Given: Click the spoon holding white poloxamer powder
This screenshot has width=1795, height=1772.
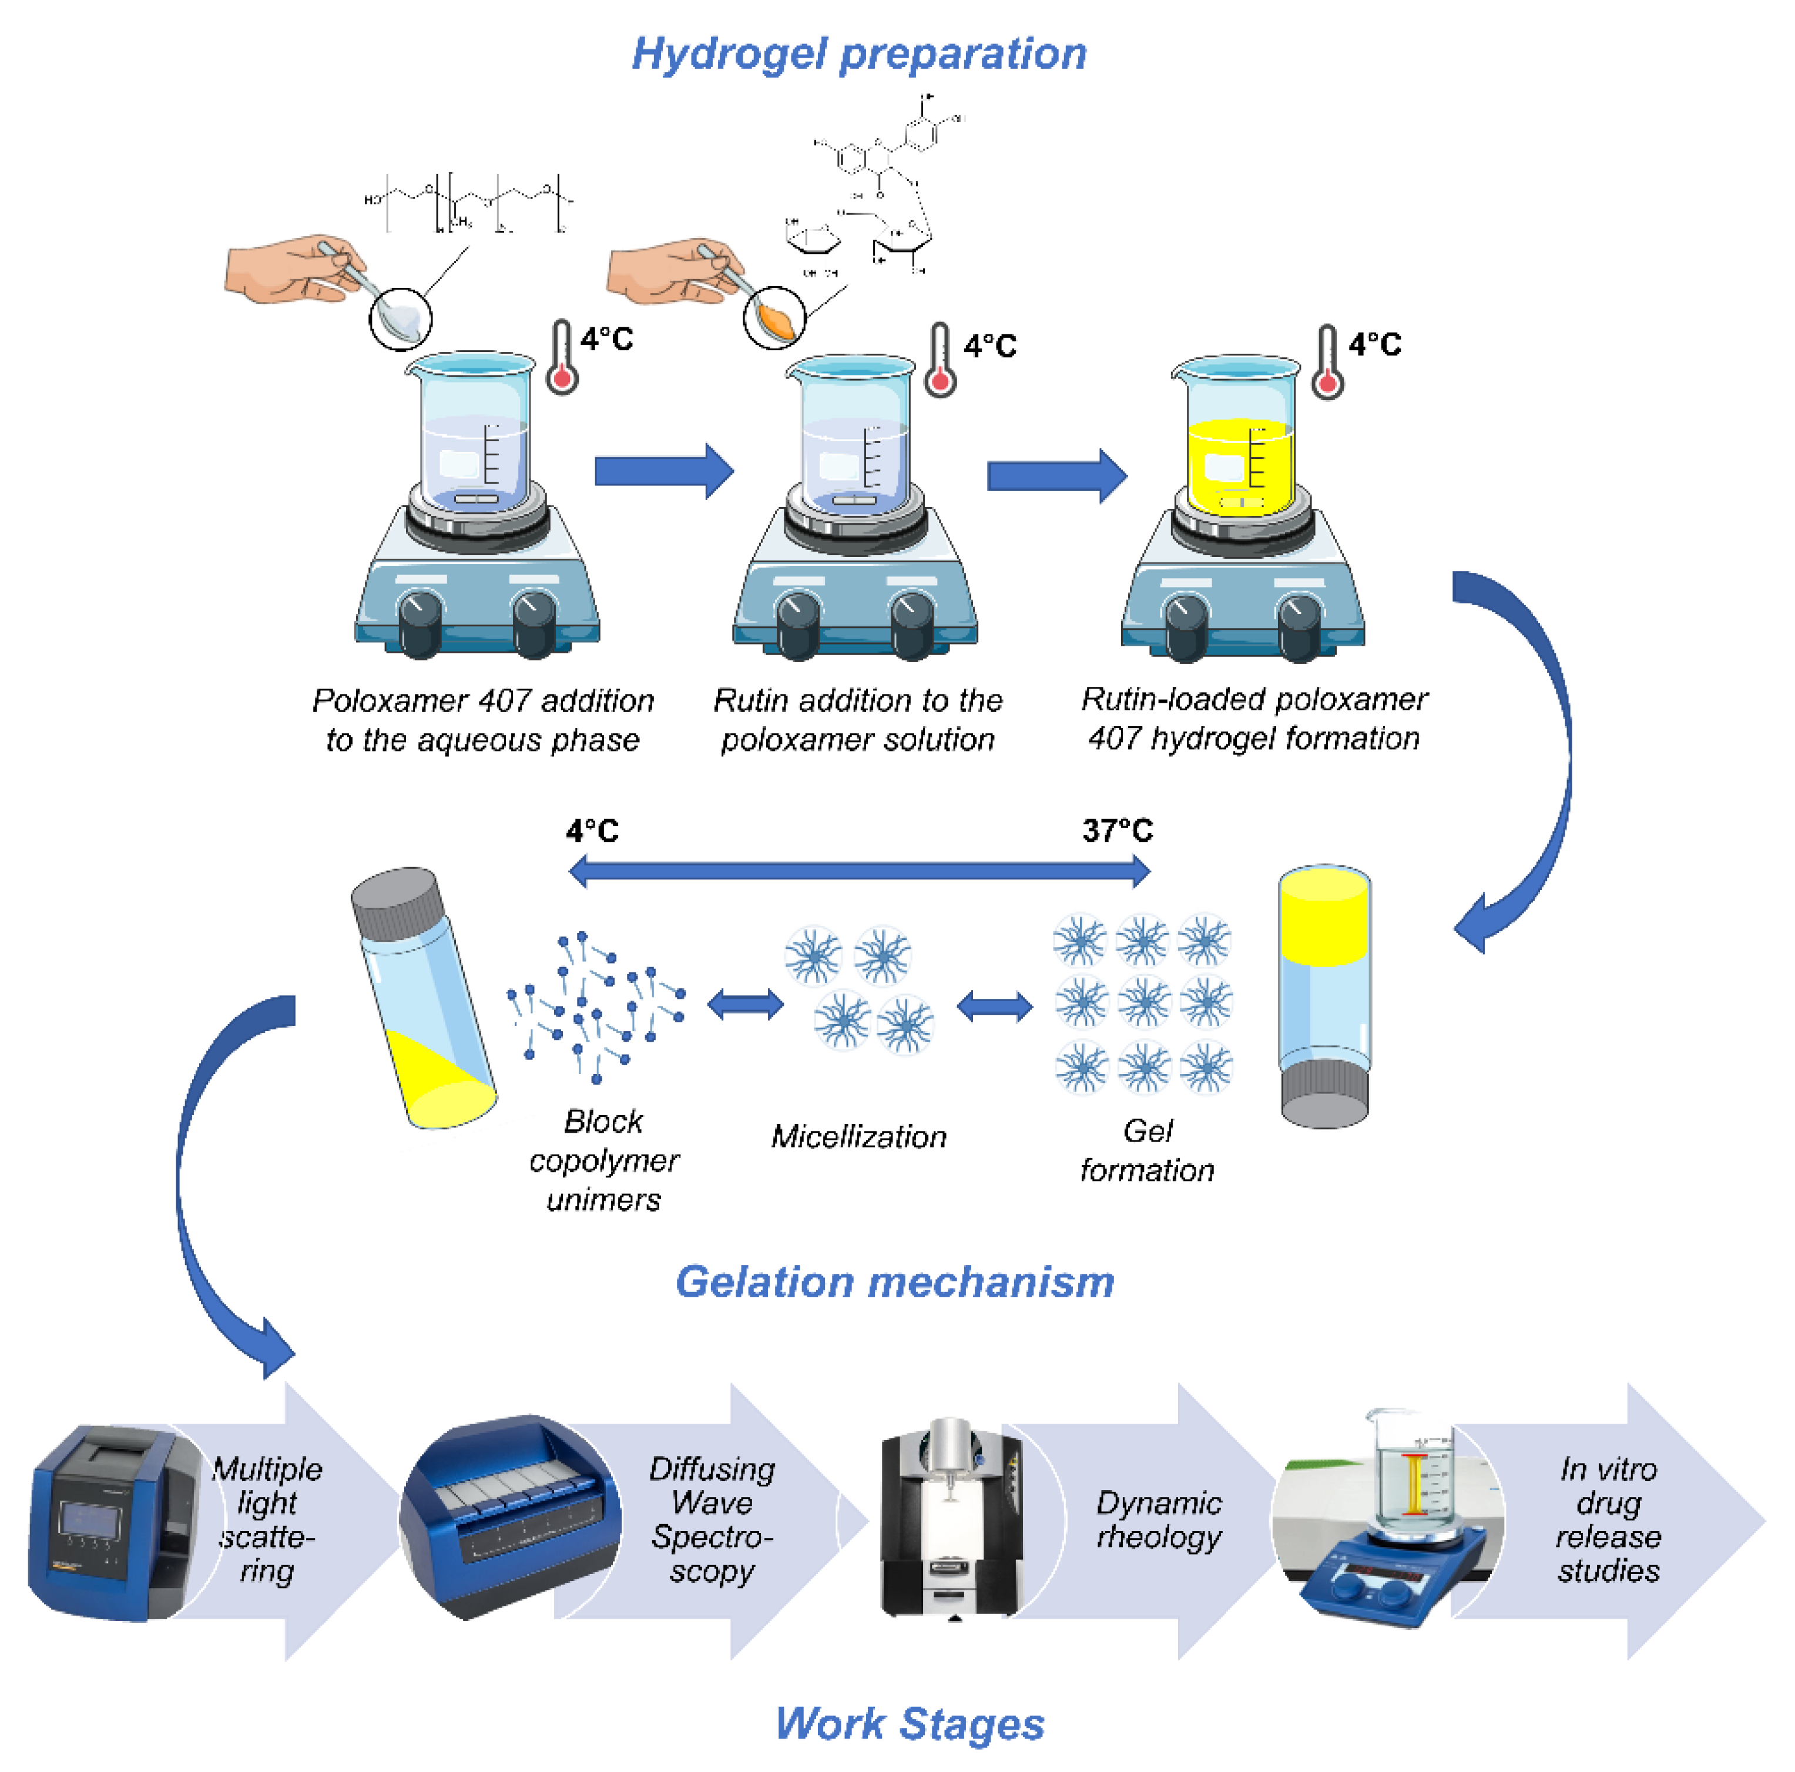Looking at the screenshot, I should (x=401, y=318).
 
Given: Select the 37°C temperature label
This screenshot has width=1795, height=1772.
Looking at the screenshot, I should (x=1117, y=830).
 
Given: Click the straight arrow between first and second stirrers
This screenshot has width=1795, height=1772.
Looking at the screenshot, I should (x=663, y=471).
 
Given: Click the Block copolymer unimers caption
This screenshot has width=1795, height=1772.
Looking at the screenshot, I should (x=604, y=1160).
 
